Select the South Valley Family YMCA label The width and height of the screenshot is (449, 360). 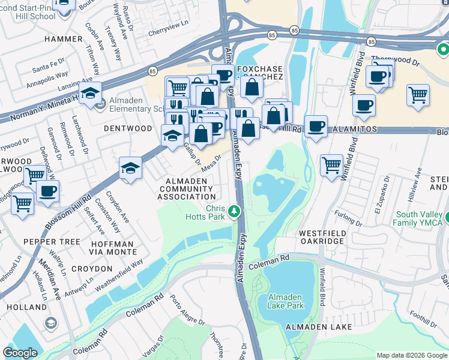(421, 219)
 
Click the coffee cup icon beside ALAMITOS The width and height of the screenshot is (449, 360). (316, 127)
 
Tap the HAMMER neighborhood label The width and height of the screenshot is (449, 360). (62, 38)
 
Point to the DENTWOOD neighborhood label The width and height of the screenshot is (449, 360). (128, 128)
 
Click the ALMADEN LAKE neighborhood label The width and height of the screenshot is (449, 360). (318, 326)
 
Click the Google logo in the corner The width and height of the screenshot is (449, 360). (20, 353)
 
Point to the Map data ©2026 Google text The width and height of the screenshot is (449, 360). (411, 355)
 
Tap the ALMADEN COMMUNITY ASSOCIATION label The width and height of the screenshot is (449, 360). (187, 188)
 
